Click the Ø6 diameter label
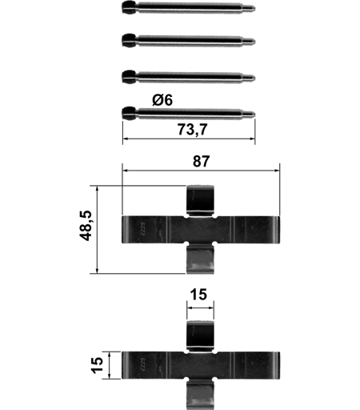(162, 100)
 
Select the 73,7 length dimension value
(192, 130)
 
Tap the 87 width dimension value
(202, 161)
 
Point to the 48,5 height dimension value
(86, 226)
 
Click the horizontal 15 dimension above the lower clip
(198, 295)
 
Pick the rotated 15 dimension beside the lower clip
(98, 365)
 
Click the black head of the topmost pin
(129, 8)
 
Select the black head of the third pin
(129, 77)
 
